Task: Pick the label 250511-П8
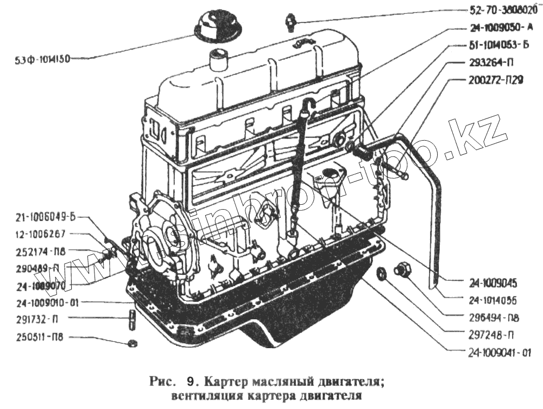[40, 337]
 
